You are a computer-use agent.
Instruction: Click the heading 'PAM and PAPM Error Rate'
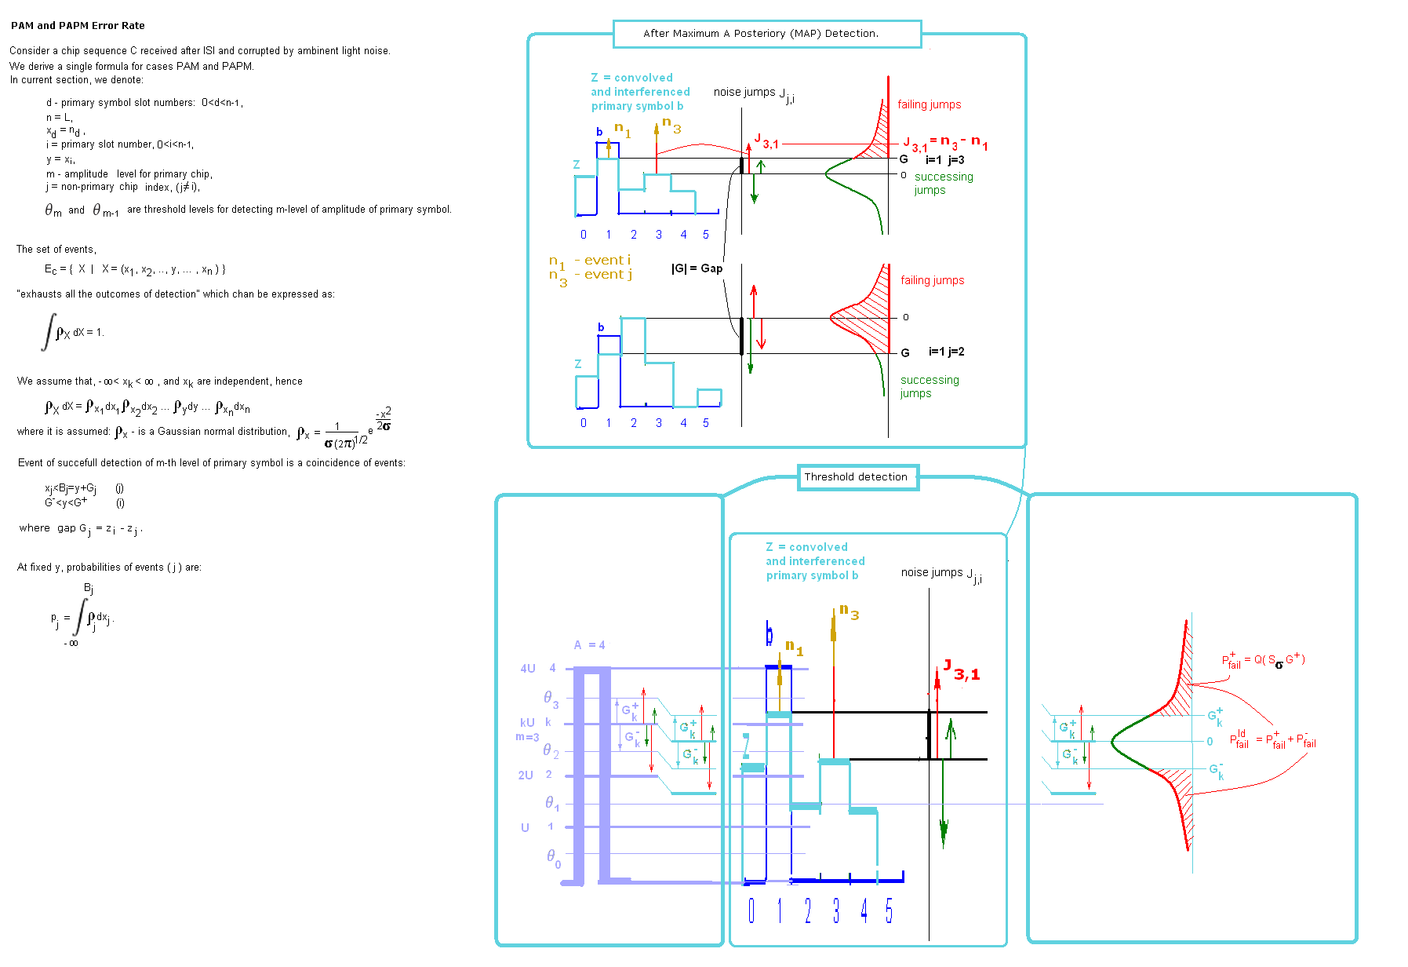click(78, 26)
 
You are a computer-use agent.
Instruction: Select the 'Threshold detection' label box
click(857, 477)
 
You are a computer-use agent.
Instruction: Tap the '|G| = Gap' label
click(697, 268)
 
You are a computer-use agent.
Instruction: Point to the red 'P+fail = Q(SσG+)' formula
click(1263, 661)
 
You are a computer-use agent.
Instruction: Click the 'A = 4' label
click(589, 645)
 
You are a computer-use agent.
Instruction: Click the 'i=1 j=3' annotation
click(945, 160)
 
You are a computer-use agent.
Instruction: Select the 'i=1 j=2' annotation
click(946, 352)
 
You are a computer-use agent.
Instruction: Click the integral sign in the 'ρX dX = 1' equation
click(49, 331)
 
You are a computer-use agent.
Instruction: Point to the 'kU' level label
click(527, 722)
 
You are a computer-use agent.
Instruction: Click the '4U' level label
click(527, 669)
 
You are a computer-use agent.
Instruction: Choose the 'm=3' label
click(527, 737)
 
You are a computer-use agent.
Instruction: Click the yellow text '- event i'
click(602, 260)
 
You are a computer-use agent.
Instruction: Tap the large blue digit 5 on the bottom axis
click(889, 911)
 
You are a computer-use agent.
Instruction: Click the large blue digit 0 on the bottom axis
click(751, 911)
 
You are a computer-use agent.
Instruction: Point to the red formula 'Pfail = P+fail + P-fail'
click(1272, 739)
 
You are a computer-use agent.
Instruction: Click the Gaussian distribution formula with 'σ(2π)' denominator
click(345, 430)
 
